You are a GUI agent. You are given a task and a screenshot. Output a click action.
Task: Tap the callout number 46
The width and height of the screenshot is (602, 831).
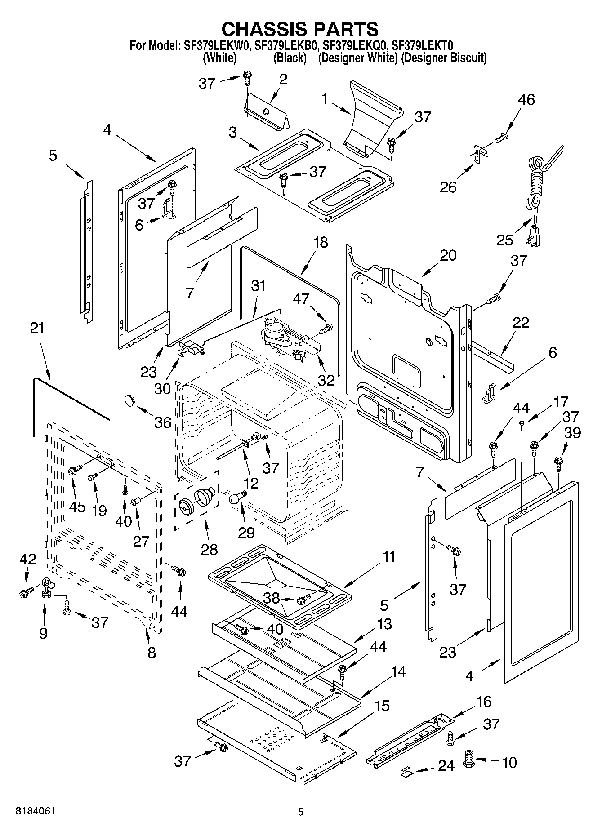coord(526,100)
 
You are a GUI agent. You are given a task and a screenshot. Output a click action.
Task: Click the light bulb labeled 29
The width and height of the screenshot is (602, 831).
coord(238,497)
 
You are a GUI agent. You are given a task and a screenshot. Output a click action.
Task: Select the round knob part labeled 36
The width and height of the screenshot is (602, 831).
coord(130,399)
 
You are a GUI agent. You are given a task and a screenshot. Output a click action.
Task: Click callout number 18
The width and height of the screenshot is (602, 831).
coord(321,243)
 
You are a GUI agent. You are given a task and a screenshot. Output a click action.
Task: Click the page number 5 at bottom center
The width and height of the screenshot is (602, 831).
coord(301,812)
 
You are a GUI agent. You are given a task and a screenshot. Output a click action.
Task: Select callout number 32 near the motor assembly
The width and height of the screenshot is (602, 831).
coord(326,380)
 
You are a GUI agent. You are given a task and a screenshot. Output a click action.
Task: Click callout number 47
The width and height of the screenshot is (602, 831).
coord(302,298)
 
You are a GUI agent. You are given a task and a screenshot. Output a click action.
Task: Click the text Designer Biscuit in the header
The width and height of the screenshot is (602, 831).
coord(443,58)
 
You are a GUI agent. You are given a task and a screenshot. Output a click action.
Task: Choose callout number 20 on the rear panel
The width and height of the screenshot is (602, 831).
coord(448,255)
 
